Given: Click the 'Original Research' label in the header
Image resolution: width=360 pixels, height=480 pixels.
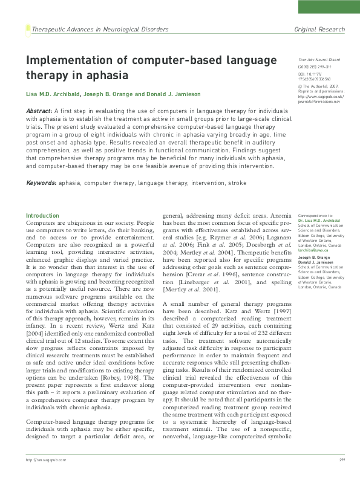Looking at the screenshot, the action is [319, 29].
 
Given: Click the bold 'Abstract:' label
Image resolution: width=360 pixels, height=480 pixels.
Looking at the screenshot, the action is [39, 112].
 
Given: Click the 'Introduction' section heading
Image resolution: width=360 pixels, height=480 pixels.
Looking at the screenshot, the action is [42, 216].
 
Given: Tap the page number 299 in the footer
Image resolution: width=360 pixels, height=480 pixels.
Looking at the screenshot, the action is [341, 475].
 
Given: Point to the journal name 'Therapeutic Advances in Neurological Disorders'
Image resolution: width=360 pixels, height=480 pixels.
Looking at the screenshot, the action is [100, 29].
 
